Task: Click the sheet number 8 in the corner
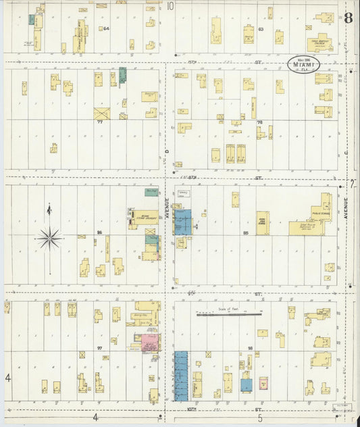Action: [x=347, y=18]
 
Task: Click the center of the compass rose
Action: [x=49, y=238]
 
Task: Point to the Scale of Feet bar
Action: [x=229, y=313]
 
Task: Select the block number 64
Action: [x=106, y=29]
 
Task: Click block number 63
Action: [x=260, y=29]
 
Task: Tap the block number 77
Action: [x=100, y=122]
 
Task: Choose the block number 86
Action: [x=99, y=233]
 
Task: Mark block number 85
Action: [x=246, y=233]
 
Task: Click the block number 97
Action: [x=99, y=348]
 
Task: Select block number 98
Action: [x=250, y=348]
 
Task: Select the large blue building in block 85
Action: [x=183, y=222]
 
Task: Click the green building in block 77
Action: [x=122, y=74]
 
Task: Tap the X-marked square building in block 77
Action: [x=101, y=113]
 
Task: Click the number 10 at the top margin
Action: [x=170, y=6]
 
